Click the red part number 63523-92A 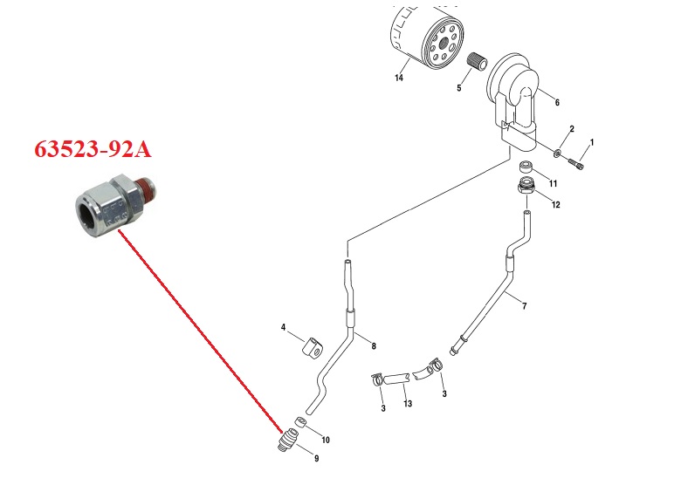click(x=93, y=149)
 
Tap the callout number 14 click(x=398, y=79)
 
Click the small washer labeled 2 click(x=556, y=154)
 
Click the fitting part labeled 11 click(x=527, y=167)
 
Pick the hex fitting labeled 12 click(x=526, y=186)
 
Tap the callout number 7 click(x=524, y=306)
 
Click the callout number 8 click(x=374, y=346)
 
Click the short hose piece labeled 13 click(x=397, y=379)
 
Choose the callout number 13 click(x=407, y=404)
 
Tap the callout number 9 click(x=316, y=458)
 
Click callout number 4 click(x=284, y=327)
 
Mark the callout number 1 click(x=591, y=141)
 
